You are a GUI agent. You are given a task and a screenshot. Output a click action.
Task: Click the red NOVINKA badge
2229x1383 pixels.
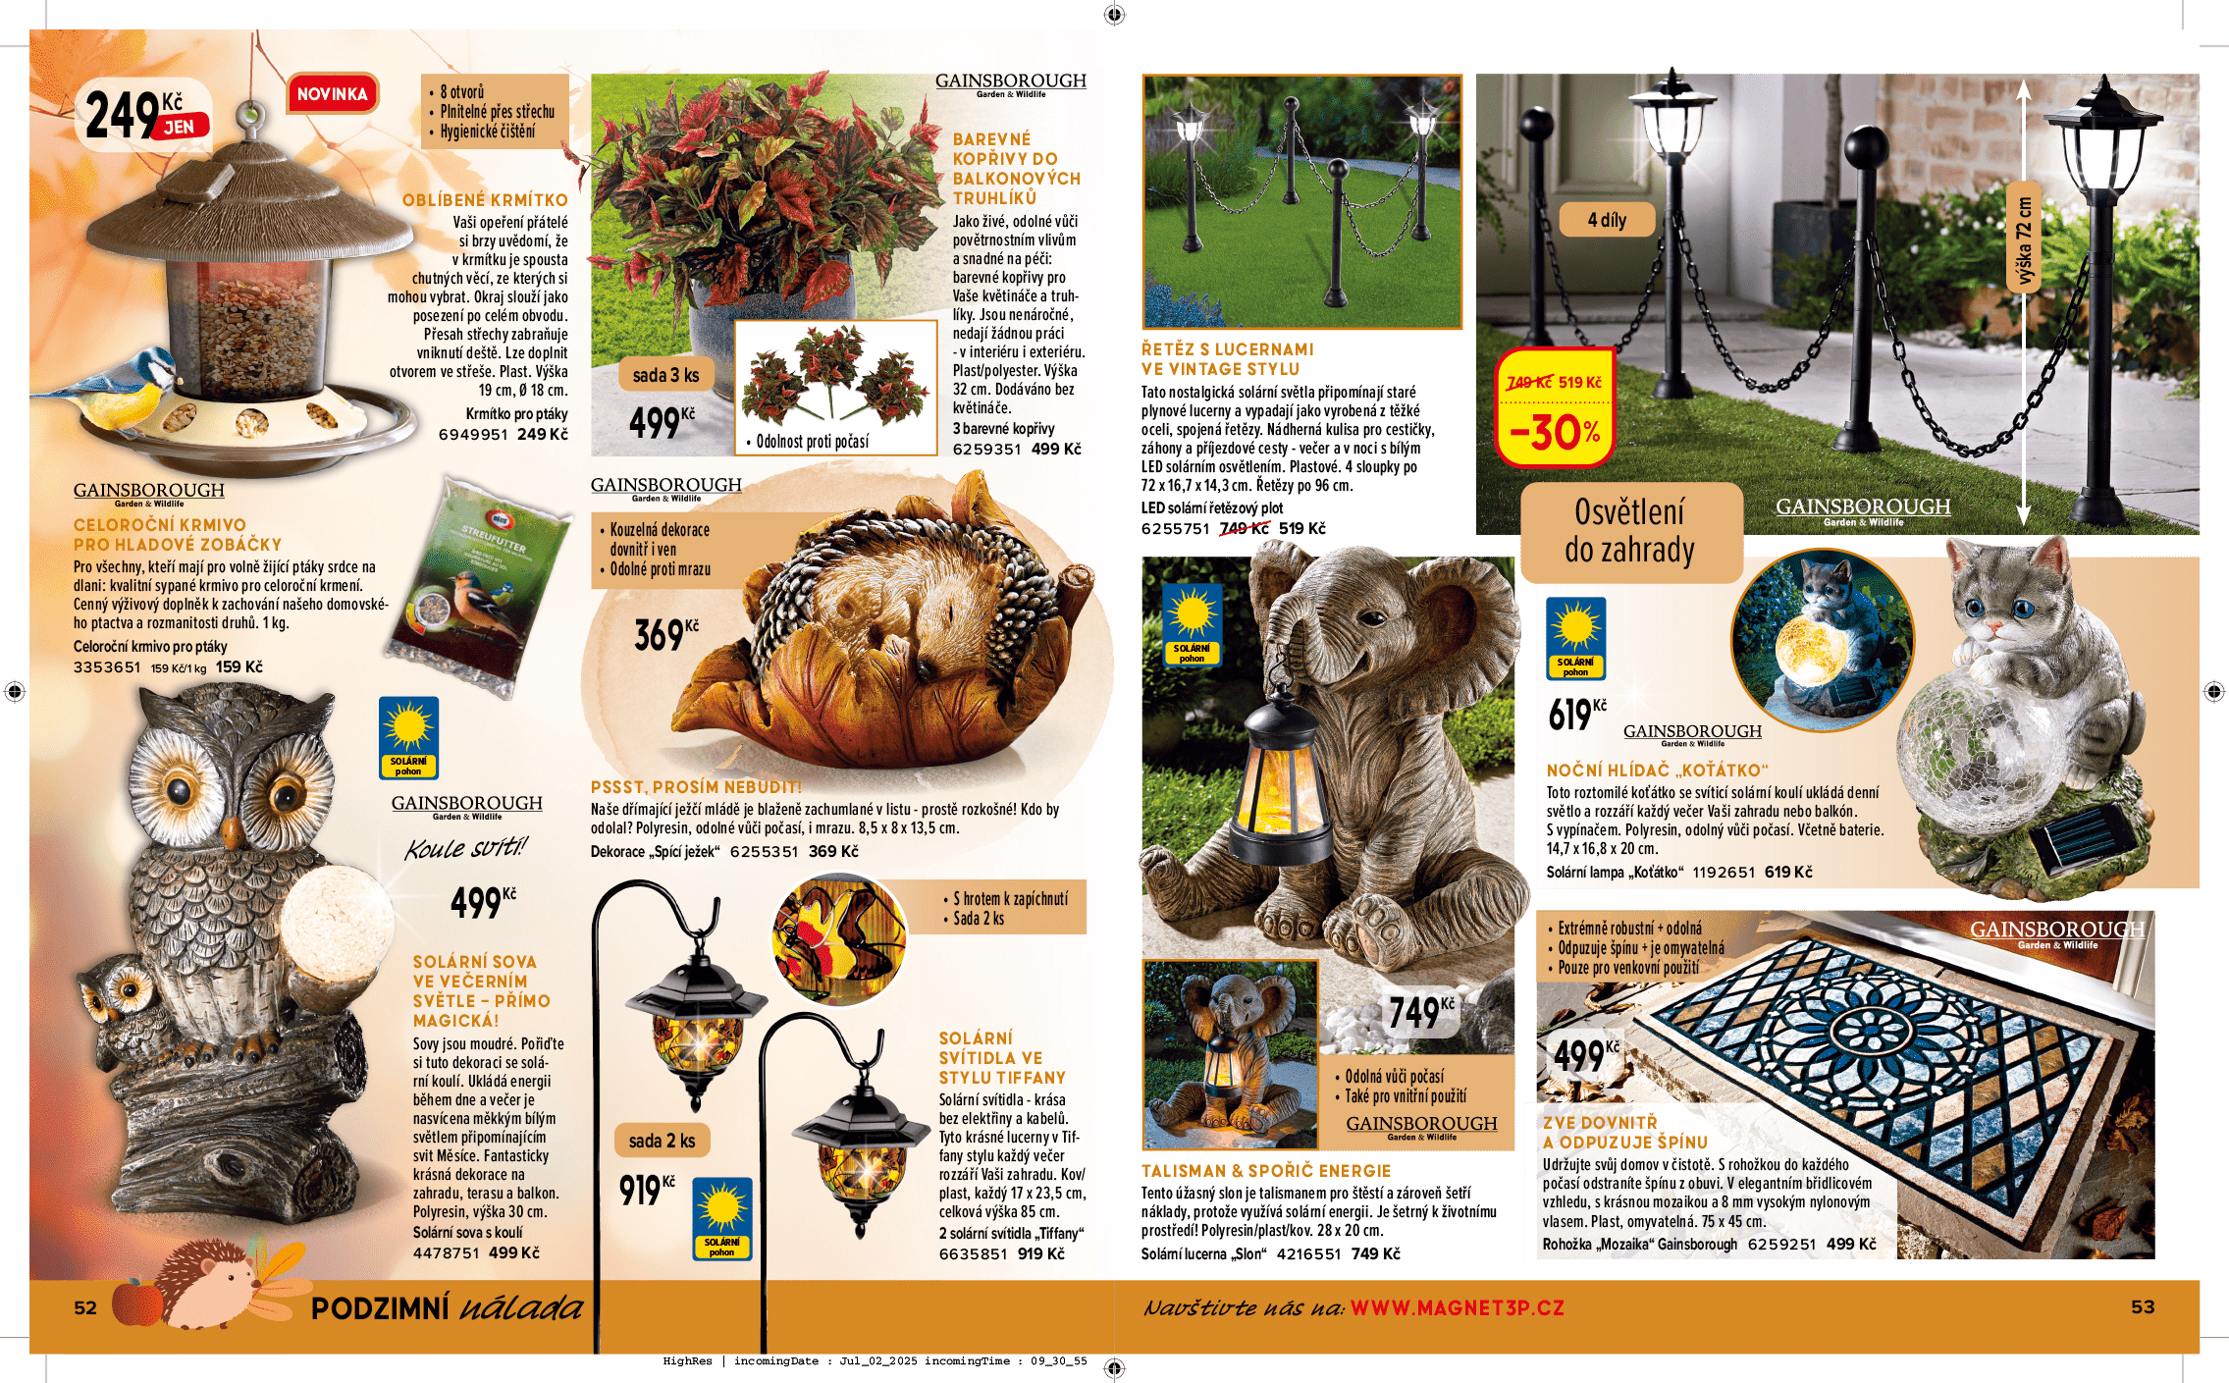(332, 94)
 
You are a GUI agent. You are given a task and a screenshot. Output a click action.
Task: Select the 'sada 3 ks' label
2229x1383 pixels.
(665, 375)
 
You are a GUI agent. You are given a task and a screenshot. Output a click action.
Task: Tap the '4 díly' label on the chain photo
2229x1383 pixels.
(1607, 220)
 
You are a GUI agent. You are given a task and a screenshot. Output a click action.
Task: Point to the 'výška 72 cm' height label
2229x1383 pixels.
(2024, 241)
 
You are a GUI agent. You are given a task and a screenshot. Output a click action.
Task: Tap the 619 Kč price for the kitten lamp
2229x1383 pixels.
(1575, 715)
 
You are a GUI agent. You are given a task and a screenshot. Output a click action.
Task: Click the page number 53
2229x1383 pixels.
(2143, 1306)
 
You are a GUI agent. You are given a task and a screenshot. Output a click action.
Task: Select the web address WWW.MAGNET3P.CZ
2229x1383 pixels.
(1457, 1307)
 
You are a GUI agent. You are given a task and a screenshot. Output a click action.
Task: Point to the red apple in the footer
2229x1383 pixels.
(136, 1303)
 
